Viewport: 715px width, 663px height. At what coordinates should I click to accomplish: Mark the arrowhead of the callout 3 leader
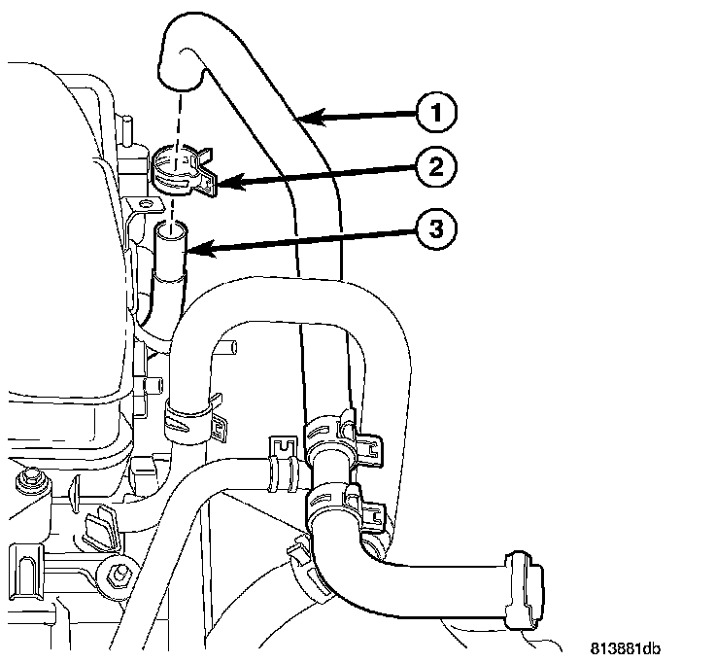pyautogui.click(x=186, y=251)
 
